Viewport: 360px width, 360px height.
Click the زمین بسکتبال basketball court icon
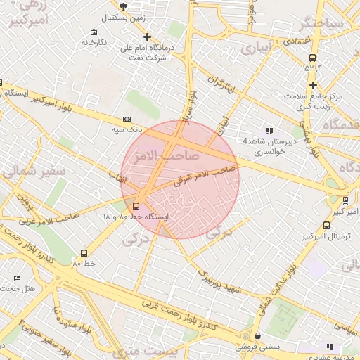click(124, 6)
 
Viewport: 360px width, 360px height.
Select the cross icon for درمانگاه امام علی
click(147, 37)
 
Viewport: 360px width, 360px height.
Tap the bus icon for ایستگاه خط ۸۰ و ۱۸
click(136, 206)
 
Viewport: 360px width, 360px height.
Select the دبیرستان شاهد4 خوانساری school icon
click(269, 130)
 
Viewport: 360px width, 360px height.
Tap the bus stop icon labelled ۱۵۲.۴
click(313, 58)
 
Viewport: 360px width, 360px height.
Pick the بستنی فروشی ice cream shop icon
click(258, 335)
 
